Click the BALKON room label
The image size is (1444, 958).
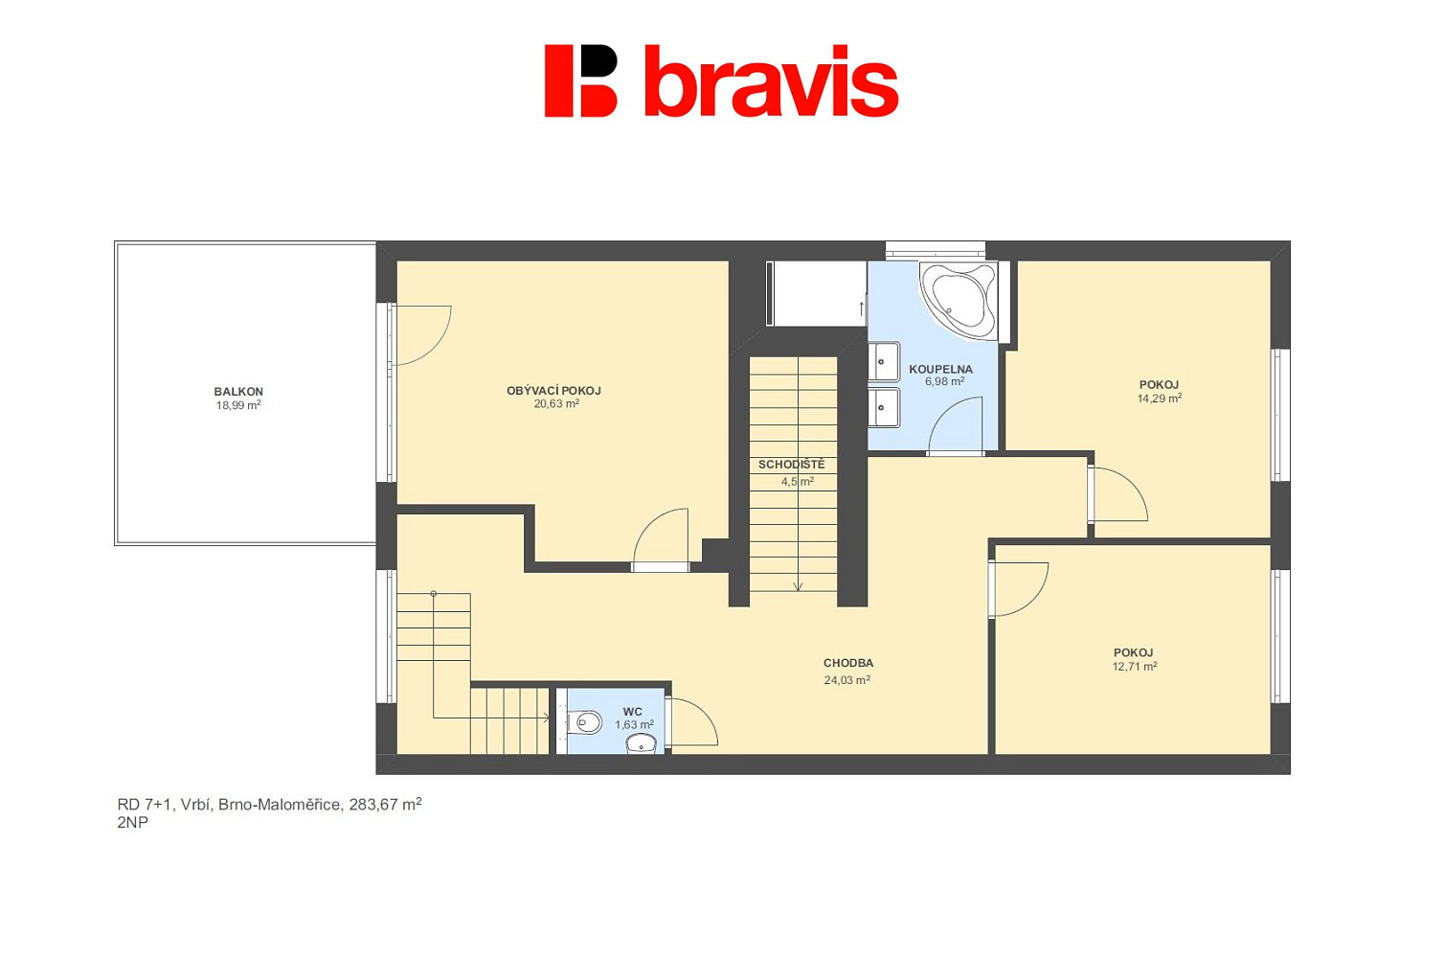[x=238, y=392]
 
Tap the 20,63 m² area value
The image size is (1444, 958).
[x=556, y=404]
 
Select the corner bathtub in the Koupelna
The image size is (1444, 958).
[x=959, y=300]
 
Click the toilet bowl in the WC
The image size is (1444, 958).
[x=586, y=721]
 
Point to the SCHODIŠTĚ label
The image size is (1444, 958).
[x=791, y=465]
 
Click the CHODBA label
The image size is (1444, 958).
[x=848, y=663]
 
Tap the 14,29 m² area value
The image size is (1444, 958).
[x=1159, y=399]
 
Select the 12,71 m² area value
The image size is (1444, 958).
[x=1135, y=667]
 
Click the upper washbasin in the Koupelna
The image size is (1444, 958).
[x=883, y=362]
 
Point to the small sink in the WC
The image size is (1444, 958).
[x=642, y=744]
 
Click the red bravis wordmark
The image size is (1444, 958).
[x=772, y=82]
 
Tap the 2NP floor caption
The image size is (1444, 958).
[x=133, y=823]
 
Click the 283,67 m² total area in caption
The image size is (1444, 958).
[x=386, y=805]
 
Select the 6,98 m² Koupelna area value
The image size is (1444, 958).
[x=944, y=381]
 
